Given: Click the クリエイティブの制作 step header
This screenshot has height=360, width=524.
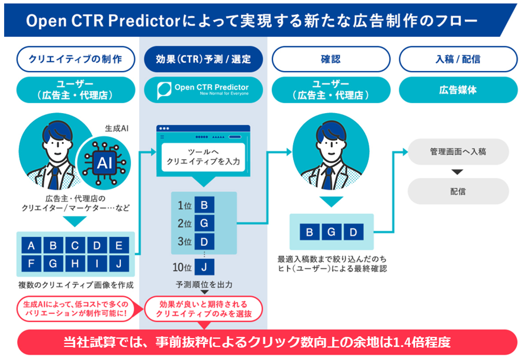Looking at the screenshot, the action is (76, 59).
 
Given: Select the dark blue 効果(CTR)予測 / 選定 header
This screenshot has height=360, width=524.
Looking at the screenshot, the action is (203, 59).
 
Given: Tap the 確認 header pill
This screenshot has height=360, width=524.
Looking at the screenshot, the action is (331, 59).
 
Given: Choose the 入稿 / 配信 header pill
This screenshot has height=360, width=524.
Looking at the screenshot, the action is (458, 59).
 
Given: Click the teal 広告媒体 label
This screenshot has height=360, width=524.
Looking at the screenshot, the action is (458, 90).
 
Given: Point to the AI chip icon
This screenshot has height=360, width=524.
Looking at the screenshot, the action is (104, 163).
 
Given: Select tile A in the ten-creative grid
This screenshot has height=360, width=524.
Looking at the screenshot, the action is (31, 245).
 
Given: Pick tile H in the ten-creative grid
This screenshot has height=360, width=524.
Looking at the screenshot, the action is (75, 264).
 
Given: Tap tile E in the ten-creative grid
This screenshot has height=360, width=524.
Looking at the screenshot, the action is (119, 245).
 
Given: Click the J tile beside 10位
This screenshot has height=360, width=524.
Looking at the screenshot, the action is (204, 267).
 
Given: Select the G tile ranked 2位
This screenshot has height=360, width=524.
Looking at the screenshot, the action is (204, 223).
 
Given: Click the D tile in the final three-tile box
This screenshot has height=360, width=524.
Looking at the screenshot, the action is (353, 232).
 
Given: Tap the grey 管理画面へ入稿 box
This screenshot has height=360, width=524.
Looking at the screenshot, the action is (458, 152).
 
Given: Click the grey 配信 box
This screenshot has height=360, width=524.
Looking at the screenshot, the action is (458, 191).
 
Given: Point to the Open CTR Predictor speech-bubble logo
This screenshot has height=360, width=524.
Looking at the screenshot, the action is (164, 90).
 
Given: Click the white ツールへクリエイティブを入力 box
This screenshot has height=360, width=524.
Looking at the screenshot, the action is (203, 157).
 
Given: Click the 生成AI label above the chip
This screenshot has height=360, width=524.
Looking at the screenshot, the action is (117, 128).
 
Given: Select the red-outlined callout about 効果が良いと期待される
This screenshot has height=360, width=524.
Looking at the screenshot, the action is (203, 309).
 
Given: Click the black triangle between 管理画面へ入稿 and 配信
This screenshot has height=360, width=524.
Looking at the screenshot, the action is (458, 172).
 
